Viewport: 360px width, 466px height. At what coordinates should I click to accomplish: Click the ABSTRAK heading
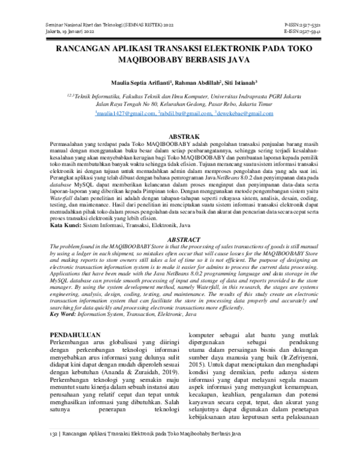click(179, 137)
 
